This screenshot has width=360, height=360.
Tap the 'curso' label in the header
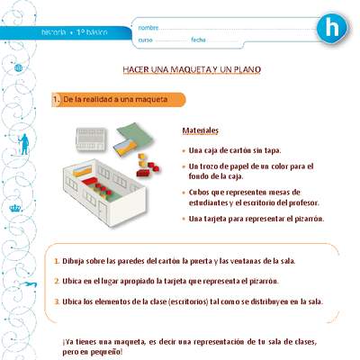pos(147,40)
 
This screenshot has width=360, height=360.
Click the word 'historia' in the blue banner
pos(54,32)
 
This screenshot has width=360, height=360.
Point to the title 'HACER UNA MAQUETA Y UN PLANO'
pos(193,69)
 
